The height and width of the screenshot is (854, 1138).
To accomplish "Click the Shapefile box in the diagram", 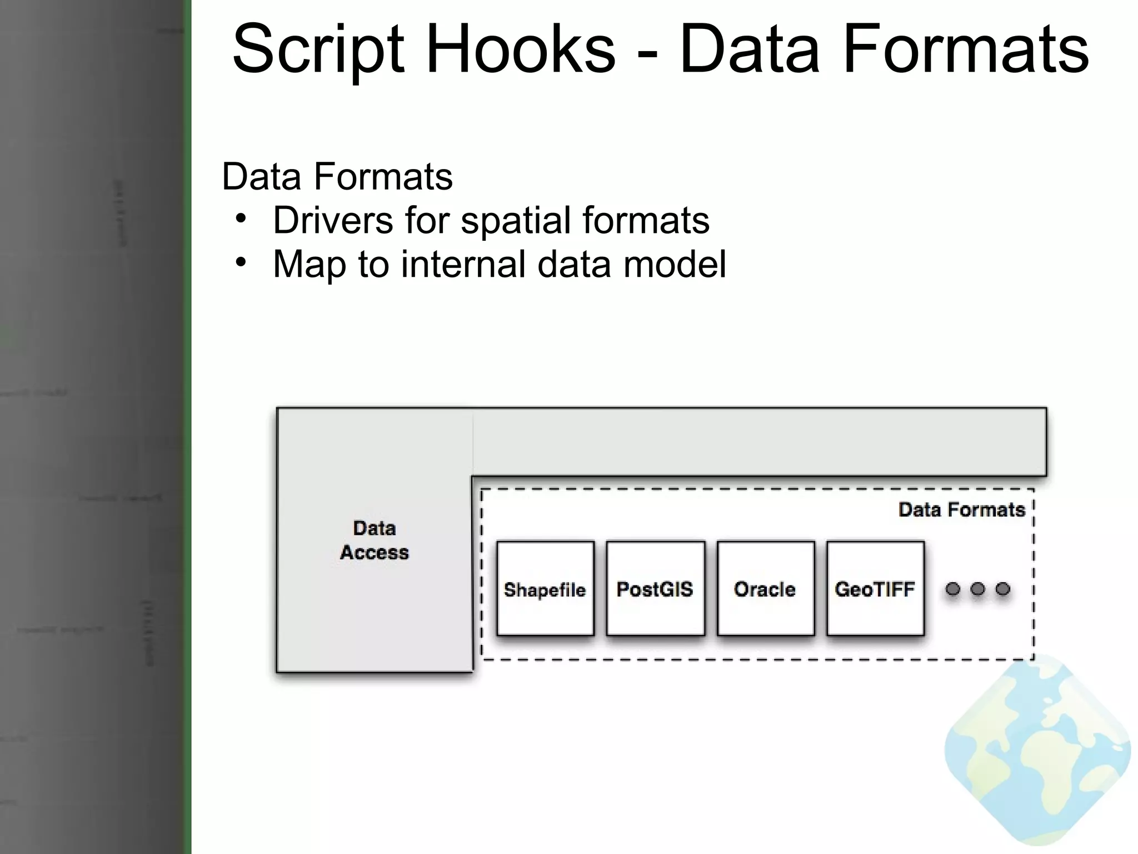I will tap(545, 589).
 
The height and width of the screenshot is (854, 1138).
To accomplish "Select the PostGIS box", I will tap(655, 589).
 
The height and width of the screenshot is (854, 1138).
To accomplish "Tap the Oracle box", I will tap(765, 589).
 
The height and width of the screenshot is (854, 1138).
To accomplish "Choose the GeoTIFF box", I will tap(875, 589).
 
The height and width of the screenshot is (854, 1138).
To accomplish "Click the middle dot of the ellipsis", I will tap(978, 589).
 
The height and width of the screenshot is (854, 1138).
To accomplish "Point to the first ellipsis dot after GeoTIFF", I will tap(953, 589).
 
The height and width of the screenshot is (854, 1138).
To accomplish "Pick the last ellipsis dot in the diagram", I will tap(1003, 589).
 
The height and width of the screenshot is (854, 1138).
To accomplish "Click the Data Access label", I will tap(375, 540).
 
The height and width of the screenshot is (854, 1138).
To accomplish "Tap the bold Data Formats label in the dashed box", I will tap(961, 510).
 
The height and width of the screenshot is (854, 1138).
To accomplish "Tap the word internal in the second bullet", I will tap(463, 264).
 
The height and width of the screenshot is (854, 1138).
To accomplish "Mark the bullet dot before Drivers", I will tap(240, 219).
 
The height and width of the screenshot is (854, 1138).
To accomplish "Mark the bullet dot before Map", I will tap(240, 262).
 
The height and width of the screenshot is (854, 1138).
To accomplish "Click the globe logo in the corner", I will tap(1037, 751).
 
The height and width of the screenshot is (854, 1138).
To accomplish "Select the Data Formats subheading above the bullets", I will tap(337, 177).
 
